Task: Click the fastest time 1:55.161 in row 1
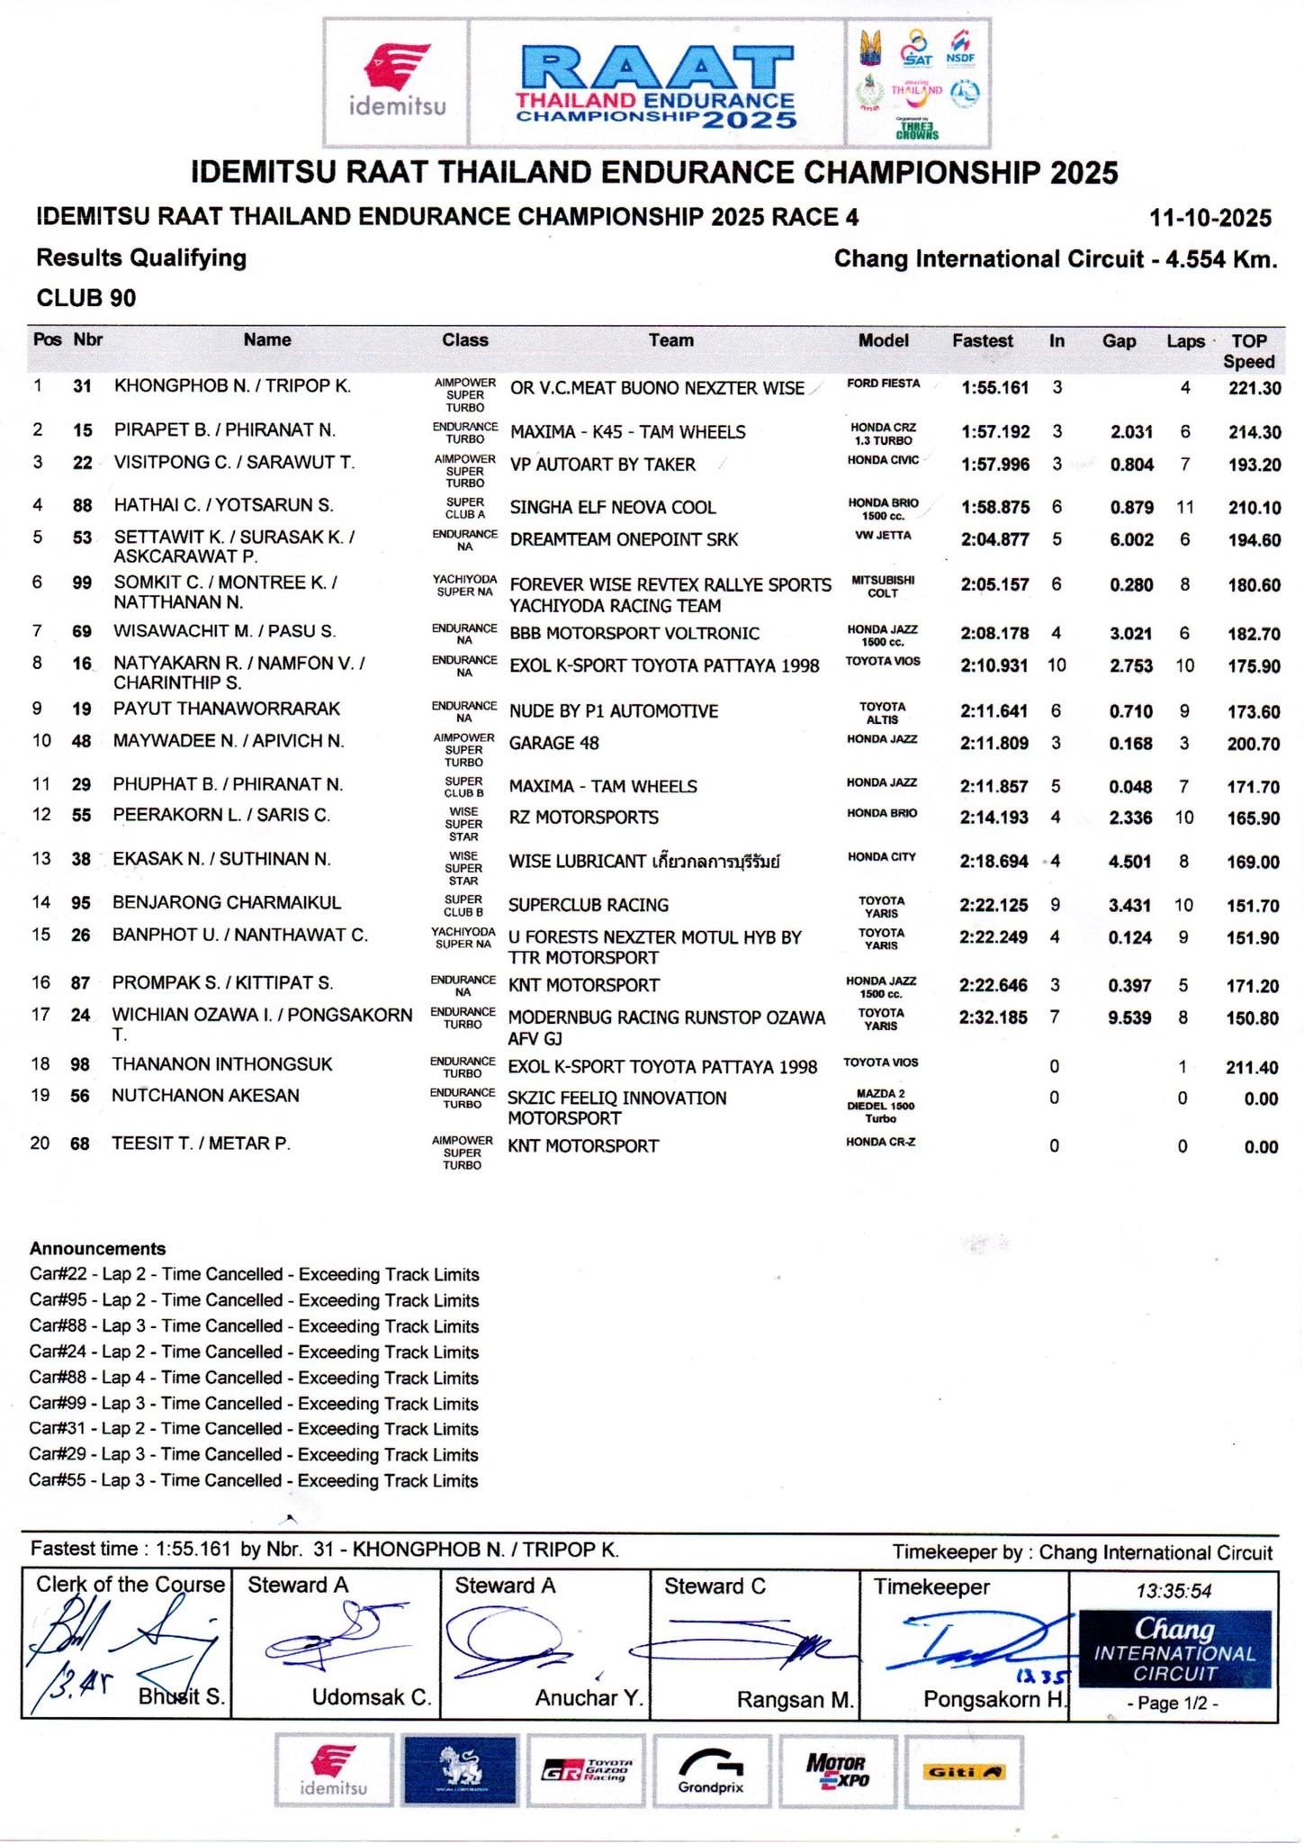[x=994, y=388]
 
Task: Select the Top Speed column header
[x=1248, y=351]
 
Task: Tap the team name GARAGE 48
[x=553, y=743]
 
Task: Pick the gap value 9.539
[x=1129, y=1018]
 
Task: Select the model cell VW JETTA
[x=882, y=535]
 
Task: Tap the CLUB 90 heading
[x=86, y=298]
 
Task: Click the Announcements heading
[x=97, y=1249]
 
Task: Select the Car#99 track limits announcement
[x=253, y=1404]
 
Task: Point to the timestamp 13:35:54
[x=1174, y=1591]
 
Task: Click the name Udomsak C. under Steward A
[x=371, y=1698]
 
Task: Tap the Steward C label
[x=715, y=1586]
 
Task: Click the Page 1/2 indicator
[x=1174, y=1704]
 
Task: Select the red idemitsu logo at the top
[x=397, y=82]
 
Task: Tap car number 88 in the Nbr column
[x=83, y=506]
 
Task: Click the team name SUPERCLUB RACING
[x=589, y=905]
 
